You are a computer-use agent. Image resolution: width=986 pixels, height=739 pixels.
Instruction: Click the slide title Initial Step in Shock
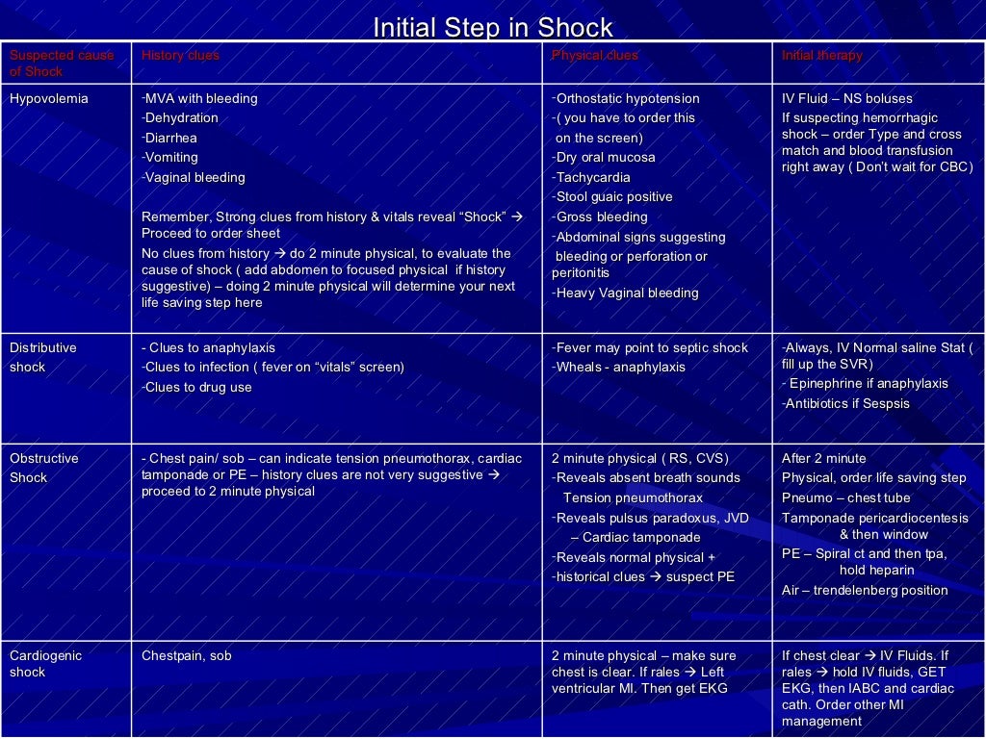click(492, 28)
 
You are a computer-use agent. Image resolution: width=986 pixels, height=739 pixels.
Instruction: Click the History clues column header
click(180, 56)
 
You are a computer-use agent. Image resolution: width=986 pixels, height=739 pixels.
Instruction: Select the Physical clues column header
click(594, 56)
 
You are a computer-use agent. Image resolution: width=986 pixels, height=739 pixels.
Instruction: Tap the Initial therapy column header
click(821, 56)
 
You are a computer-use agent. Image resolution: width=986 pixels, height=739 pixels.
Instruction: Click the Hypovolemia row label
click(48, 99)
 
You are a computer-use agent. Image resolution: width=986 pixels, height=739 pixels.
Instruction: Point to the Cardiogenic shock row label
click(45, 664)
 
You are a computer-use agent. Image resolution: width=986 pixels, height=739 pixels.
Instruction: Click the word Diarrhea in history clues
click(171, 138)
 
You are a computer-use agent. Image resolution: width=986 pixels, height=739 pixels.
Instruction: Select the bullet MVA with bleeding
click(200, 98)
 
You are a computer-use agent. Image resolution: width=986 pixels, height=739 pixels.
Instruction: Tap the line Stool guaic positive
click(612, 197)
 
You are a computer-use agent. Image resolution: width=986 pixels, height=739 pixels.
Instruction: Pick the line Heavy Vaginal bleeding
click(626, 293)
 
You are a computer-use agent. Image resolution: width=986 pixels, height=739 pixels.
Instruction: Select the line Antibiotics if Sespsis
click(845, 404)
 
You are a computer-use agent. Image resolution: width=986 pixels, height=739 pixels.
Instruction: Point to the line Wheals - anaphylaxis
click(619, 368)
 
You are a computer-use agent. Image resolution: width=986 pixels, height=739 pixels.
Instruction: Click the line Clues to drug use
click(197, 388)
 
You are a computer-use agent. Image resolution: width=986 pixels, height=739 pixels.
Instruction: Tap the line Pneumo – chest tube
click(845, 498)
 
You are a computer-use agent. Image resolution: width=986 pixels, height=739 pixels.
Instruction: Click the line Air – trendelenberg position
click(865, 591)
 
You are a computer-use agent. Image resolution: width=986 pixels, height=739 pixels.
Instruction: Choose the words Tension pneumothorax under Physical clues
click(633, 498)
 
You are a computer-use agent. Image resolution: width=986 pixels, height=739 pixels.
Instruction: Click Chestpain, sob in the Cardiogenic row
click(187, 656)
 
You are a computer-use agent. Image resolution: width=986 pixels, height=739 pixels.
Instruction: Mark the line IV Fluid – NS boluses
click(846, 99)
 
